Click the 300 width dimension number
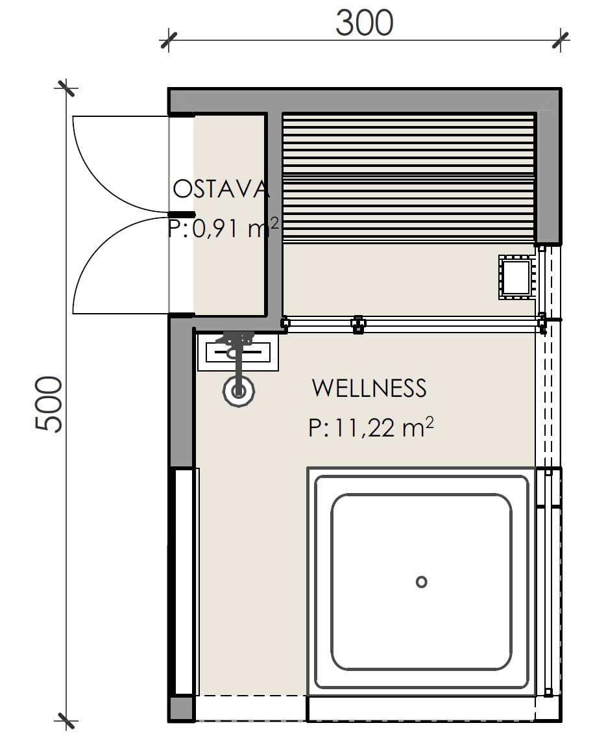click(364, 23)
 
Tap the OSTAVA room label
click(221, 189)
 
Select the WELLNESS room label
click(369, 388)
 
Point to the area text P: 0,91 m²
click(223, 228)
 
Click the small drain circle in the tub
click(421, 582)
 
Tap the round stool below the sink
click(239, 391)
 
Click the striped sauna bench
click(409, 177)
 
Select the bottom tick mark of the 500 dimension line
click(66, 721)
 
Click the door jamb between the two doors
click(182, 214)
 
